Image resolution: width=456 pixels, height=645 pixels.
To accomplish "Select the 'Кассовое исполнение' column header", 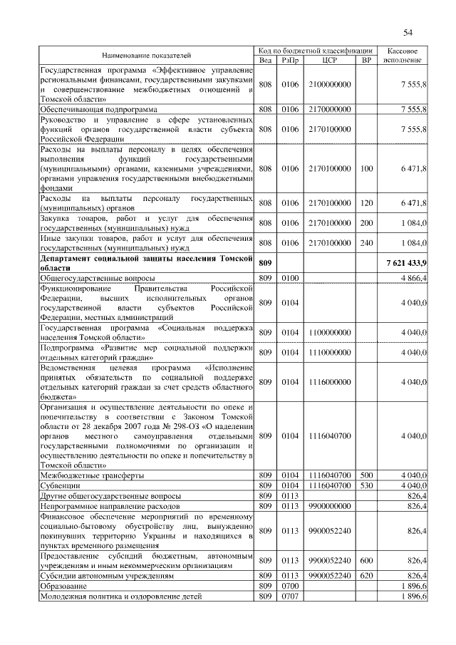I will (x=407, y=55).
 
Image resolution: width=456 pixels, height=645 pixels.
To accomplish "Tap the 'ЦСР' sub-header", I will (x=329, y=60).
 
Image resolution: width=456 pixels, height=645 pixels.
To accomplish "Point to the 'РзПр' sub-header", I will (x=289, y=60).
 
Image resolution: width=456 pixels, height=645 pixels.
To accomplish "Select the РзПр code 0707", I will (x=289, y=595).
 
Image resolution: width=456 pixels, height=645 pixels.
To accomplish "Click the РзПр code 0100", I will (x=289, y=277).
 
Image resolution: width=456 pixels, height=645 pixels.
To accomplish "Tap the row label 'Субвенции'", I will (x=60, y=485).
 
